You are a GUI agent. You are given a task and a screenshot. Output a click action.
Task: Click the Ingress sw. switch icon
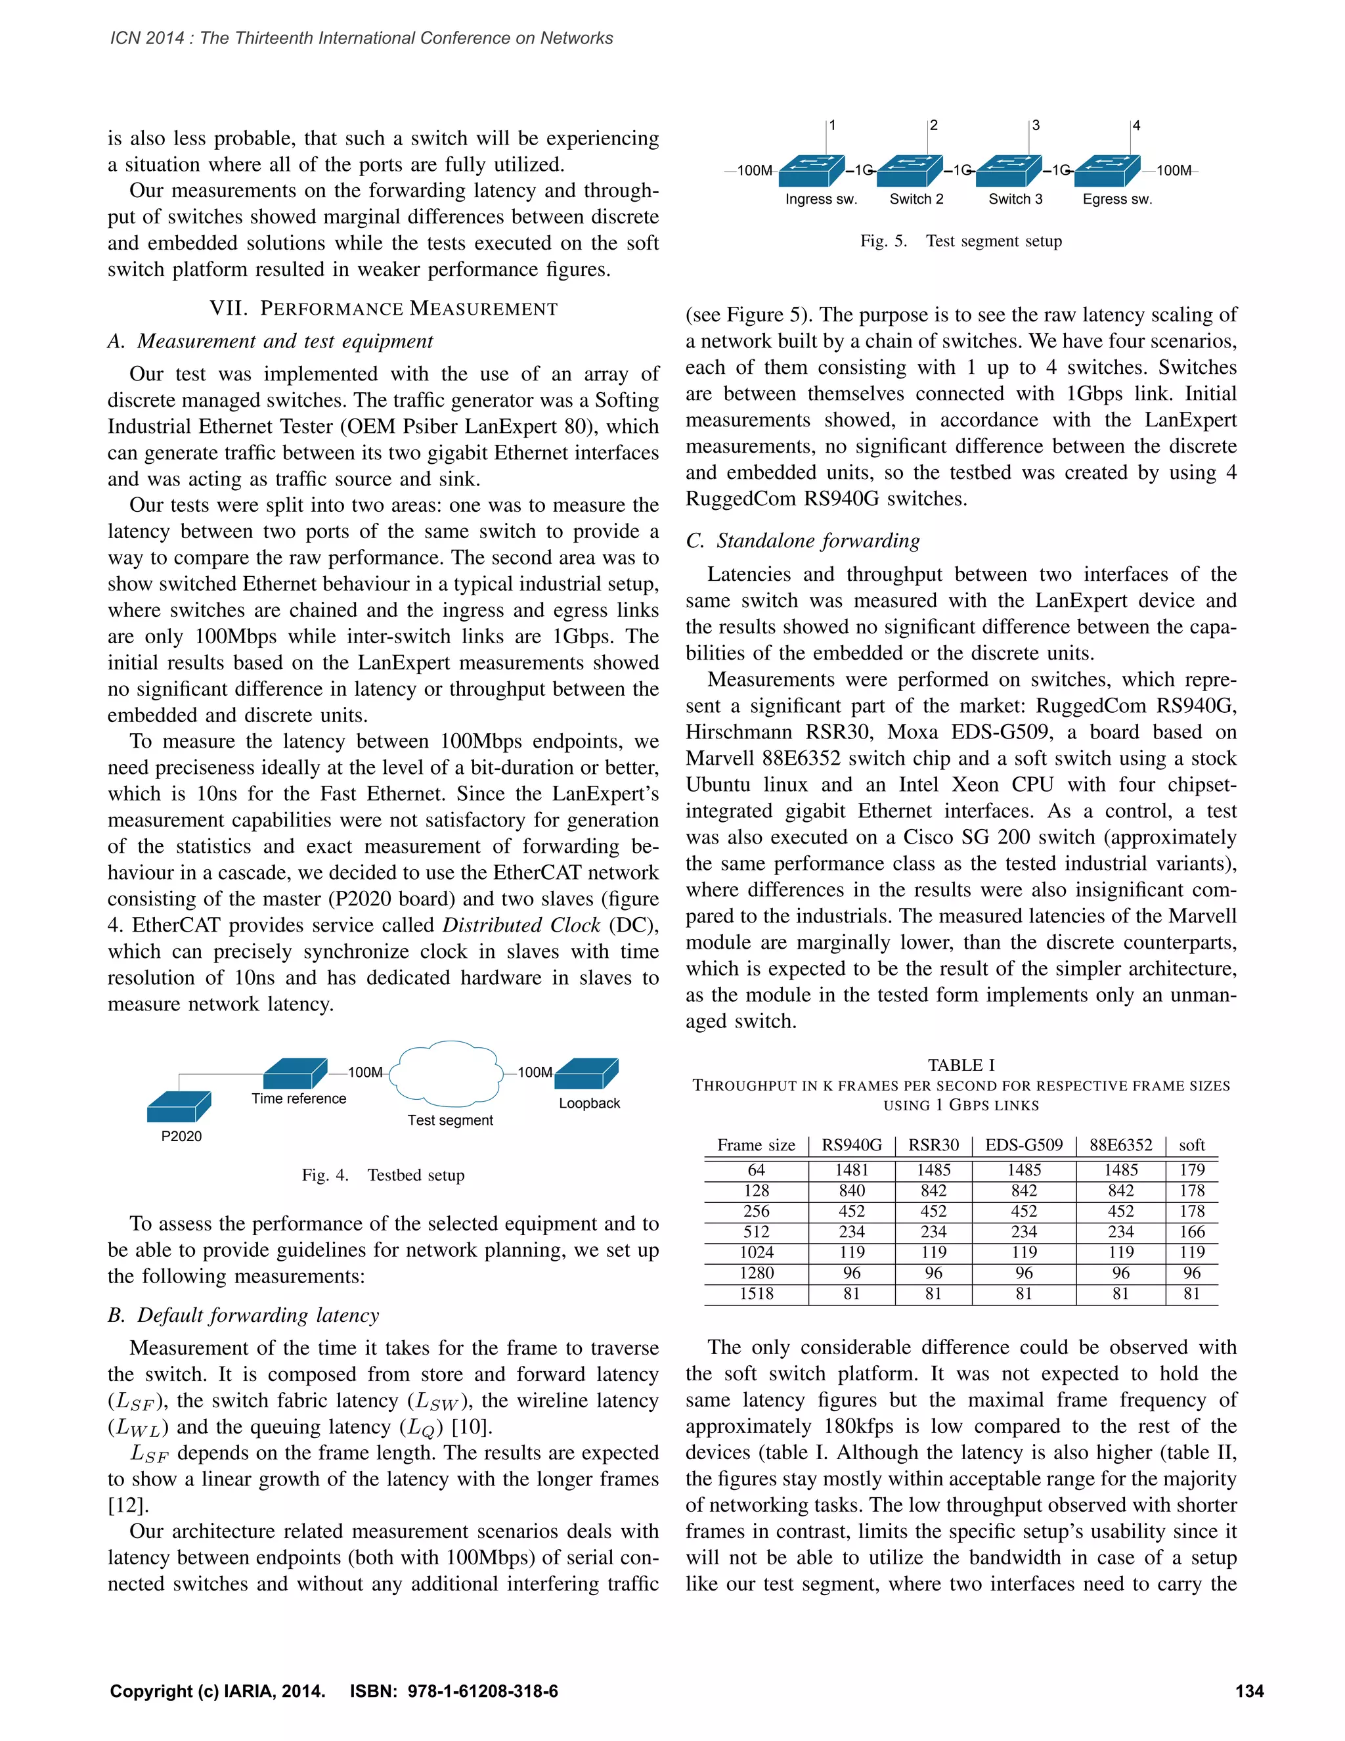(x=811, y=171)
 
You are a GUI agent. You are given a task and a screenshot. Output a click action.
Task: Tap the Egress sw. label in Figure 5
(x=1117, y=199)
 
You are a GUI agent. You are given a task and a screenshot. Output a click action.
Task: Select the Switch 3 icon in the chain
(x=1009, y=171)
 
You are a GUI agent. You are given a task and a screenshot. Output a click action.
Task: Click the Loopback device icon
(x=587, y=1074)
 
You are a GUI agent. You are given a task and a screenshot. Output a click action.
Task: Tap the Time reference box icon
(x=295, y=1074)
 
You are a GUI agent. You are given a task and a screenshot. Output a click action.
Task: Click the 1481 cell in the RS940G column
(x=852, y=1170)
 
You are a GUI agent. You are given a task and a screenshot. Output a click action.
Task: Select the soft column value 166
(x=1192, y=1232)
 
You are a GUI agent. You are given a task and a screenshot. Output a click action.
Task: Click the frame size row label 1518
(x=756, y=1294)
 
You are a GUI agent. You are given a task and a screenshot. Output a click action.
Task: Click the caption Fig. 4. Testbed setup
(x=384, y=1175)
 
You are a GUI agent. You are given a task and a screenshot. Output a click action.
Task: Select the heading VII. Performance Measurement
(x=384, y=309)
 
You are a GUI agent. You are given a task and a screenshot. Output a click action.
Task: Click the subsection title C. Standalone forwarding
(x=803, y=541)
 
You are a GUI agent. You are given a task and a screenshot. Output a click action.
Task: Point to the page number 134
(x=1249, y=1692)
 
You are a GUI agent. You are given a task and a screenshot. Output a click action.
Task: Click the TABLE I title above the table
(x=961, y=1065)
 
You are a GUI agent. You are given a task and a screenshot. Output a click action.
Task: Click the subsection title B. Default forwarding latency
(x=244, y=1315)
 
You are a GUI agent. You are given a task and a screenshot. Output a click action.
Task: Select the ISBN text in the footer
(x=454, y=1692)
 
